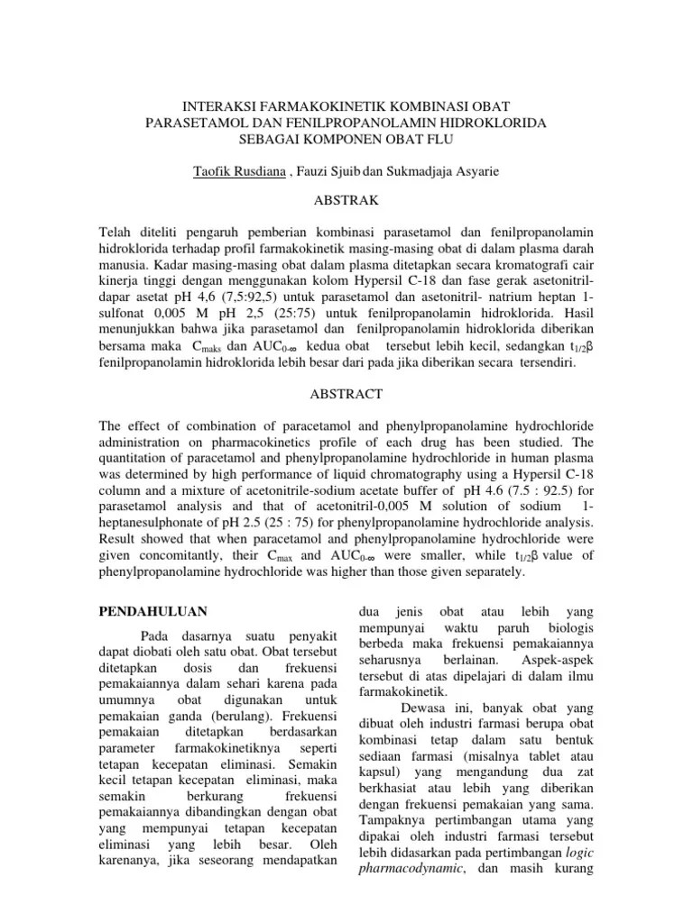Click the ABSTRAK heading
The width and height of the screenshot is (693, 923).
[x=346, y=199]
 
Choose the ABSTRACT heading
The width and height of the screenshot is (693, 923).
[x=346, y=394]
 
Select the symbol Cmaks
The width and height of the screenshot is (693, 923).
[x=208, y=347]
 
